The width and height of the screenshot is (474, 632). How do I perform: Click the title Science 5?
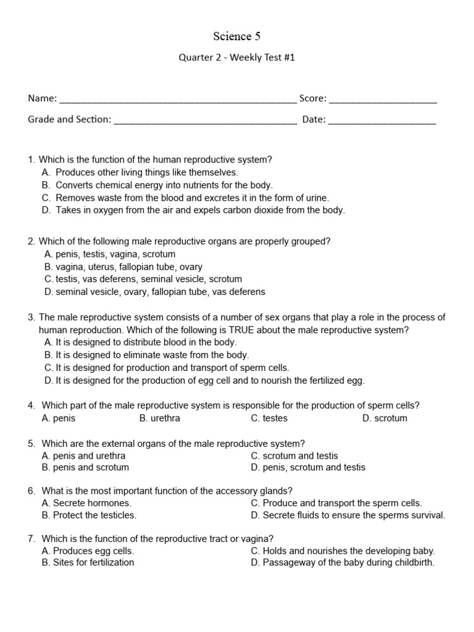pos(237,36)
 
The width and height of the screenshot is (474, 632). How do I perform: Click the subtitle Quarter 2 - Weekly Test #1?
pos(237,57)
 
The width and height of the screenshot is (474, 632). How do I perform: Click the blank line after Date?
pos(382,121)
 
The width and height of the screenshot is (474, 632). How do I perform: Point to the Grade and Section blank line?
pos(206,121)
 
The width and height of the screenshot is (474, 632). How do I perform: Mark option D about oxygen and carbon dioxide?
pos(194,210)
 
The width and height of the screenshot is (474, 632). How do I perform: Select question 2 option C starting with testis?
pos(143,279)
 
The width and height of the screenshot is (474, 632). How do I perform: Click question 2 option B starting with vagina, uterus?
pos(123,267)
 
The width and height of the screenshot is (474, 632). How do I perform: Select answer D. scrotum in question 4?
pos(385,418)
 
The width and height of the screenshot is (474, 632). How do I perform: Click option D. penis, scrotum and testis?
pos(308,467)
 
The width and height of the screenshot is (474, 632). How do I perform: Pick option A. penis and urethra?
pos(84,455)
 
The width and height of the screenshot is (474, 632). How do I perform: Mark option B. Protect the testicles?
pos(89,515)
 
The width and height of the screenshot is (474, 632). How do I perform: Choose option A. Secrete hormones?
pos(86,503)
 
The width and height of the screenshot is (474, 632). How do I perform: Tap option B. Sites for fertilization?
pos(88,562)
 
